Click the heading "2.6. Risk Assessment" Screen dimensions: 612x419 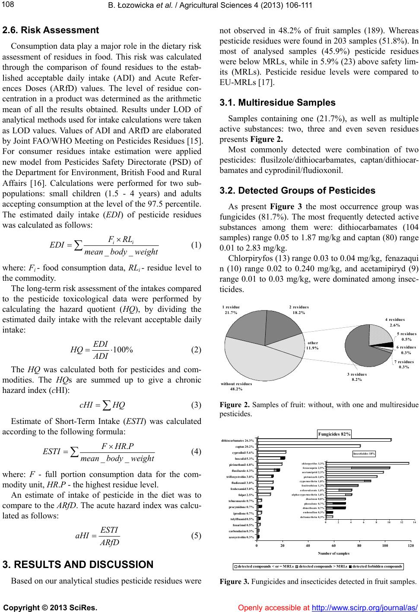click(51, 31)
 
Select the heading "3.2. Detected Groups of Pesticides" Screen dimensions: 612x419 click(298, 191)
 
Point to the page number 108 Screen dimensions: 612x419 click(8, 5)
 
